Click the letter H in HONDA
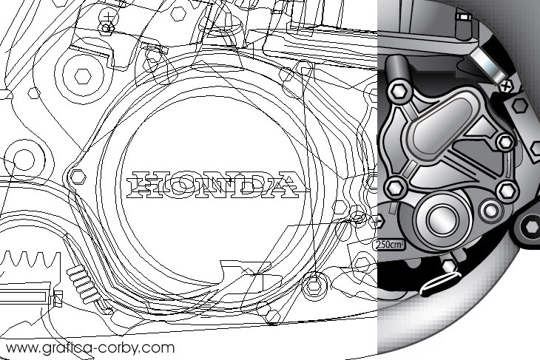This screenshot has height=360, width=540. click(143, 185)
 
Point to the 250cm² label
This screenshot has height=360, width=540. click(388, 245)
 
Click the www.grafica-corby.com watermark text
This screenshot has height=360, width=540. click(90, 347)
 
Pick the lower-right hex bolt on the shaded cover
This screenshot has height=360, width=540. click(507, 191)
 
